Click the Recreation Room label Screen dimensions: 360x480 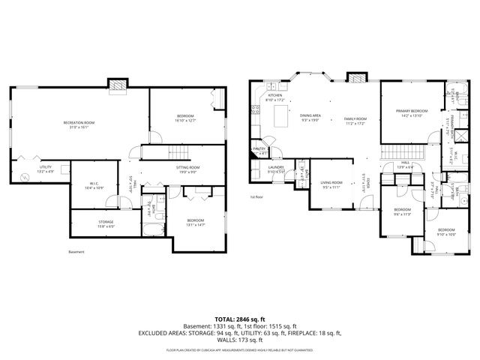click(79, 121)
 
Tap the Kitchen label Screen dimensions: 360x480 click(275, 96)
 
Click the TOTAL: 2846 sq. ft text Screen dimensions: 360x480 click(239, 319)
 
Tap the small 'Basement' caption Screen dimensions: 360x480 click(76, 252)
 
